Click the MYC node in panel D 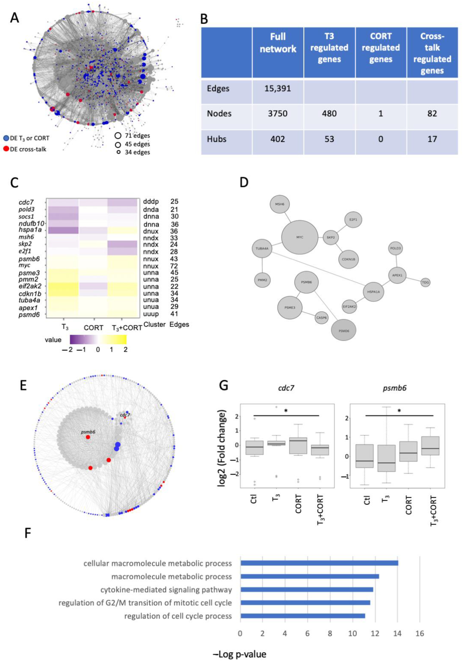(300, 237)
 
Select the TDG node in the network (425, 282)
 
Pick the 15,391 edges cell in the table (278, 88)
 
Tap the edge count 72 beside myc (174, 266)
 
